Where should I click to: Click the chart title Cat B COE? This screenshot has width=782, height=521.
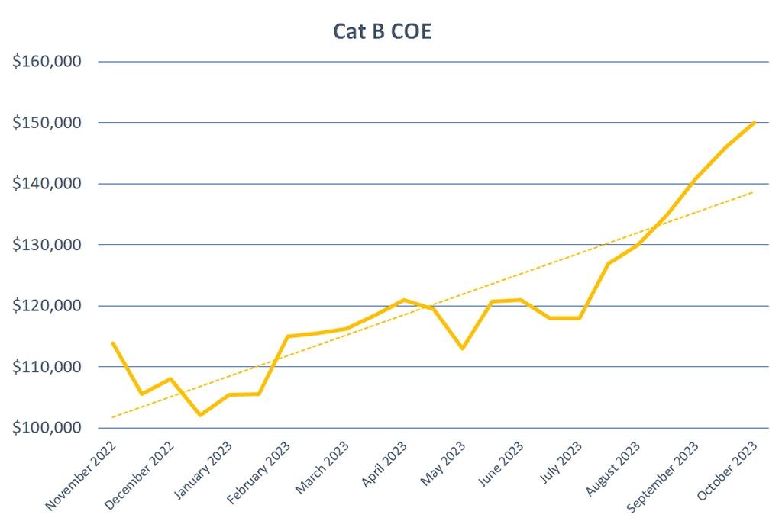tap(382, 32)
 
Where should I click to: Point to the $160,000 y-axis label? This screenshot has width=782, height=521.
tap(47, 62)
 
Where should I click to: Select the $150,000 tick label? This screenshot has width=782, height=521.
tap(47, 123)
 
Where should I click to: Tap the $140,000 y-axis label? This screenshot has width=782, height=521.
tap(47, 184)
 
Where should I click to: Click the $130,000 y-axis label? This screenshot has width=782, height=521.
tap(47, 245)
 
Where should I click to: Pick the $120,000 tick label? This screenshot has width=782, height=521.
tap(47, 306)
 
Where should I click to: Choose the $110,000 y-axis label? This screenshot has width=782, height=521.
tap(47, 367)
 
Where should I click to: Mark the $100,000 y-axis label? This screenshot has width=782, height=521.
tap(47, 428)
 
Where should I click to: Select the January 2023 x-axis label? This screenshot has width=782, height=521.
tap(202, 471)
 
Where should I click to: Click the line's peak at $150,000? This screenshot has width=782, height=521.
tap(755, 122)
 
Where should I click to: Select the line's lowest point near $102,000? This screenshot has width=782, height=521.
tap(200, 415)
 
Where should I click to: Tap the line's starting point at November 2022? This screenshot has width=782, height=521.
tap(113, 343)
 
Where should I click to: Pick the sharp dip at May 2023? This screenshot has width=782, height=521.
tap(463, 349)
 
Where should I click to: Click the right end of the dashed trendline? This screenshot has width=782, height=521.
tap(754, 191)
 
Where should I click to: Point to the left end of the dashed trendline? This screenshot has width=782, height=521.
tap(112, 417)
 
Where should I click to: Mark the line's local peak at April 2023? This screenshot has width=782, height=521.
tap(404, 300)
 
